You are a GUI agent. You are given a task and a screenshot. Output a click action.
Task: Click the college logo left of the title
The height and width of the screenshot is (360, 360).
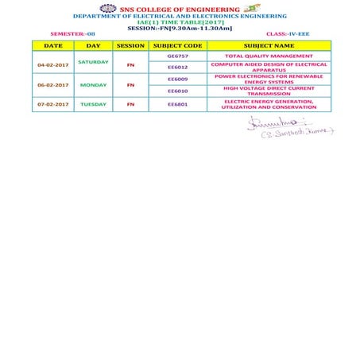[x=108, y=9]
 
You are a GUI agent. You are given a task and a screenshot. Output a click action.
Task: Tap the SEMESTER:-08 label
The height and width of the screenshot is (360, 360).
[x=72, y=35]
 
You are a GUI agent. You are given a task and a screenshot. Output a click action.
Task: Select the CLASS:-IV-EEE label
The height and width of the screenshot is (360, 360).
[x=288, y=35]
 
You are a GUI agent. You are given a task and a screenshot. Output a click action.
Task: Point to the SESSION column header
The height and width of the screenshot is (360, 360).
[x=130, y=46]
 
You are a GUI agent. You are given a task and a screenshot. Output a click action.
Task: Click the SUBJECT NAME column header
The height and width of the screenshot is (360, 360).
[x=269, y=46]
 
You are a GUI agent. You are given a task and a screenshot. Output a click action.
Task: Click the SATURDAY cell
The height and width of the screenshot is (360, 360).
[x=94, y=61]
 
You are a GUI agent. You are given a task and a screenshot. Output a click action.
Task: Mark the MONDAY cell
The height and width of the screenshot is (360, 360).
[x=94, y=84]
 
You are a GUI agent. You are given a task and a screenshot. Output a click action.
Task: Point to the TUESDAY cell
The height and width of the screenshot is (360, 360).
[x=94, y=104]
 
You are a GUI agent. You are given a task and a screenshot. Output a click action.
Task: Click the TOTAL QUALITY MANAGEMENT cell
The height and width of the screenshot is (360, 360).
[x=269, y=57]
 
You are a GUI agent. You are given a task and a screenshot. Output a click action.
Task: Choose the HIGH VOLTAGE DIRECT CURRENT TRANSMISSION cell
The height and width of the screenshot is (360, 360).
[x=269, y=91]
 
